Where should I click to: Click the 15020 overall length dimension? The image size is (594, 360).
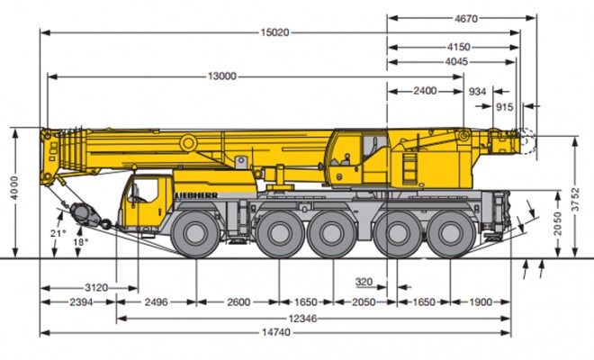(274, 32)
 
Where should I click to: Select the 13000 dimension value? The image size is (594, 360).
(222, 76)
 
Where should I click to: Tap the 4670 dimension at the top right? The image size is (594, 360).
(466, 18)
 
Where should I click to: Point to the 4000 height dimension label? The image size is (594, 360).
(14, 188)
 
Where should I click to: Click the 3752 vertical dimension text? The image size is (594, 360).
(575, 200)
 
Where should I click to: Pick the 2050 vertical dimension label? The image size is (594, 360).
(558, 223)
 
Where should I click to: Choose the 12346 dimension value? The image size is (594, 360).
(302, 319)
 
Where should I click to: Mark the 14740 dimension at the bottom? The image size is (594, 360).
(276, 333)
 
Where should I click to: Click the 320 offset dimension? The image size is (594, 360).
(364, 282)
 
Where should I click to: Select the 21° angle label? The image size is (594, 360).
(58, 234)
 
